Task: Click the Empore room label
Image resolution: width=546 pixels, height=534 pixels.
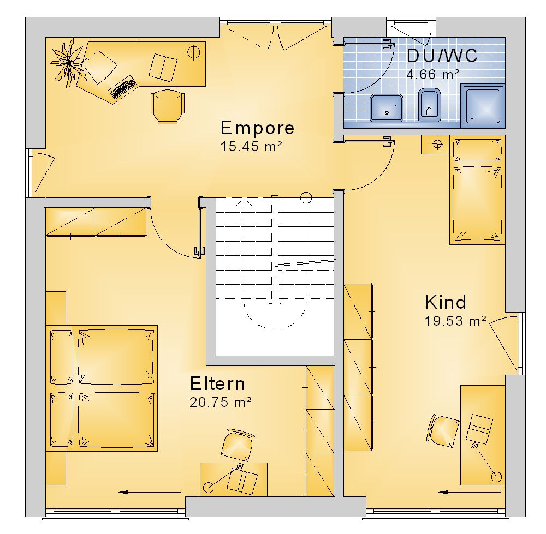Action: (257, 128)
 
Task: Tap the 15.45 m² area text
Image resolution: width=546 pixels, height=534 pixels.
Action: (251, 147)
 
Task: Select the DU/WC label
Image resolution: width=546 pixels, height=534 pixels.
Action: (442, 55)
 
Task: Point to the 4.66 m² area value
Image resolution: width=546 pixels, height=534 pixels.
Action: (433, 74)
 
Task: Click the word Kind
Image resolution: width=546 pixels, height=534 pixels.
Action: (446, 302)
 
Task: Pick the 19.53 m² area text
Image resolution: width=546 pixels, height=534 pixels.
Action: (455, 321)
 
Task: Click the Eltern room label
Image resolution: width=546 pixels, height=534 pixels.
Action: (218, 383)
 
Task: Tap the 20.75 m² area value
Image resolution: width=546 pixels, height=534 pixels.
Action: (221, 402)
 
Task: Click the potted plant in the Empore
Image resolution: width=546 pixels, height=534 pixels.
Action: (69, 63)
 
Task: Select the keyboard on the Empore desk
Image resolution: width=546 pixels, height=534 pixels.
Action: (122, 87)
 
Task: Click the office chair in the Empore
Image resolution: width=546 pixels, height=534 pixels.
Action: (168, 106)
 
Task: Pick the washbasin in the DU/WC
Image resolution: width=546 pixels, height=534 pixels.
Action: (387, 107)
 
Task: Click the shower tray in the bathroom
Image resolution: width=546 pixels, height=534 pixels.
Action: (483, 105)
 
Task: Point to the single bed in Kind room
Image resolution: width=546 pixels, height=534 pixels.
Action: (477, 190)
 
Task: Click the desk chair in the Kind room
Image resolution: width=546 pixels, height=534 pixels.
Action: (443, 431)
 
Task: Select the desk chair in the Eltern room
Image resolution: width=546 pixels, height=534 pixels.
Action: (238, 446)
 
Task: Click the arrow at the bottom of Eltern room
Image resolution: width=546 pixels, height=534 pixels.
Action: (150, 492)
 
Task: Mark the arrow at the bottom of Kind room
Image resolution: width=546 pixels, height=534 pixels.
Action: (470, 492)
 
